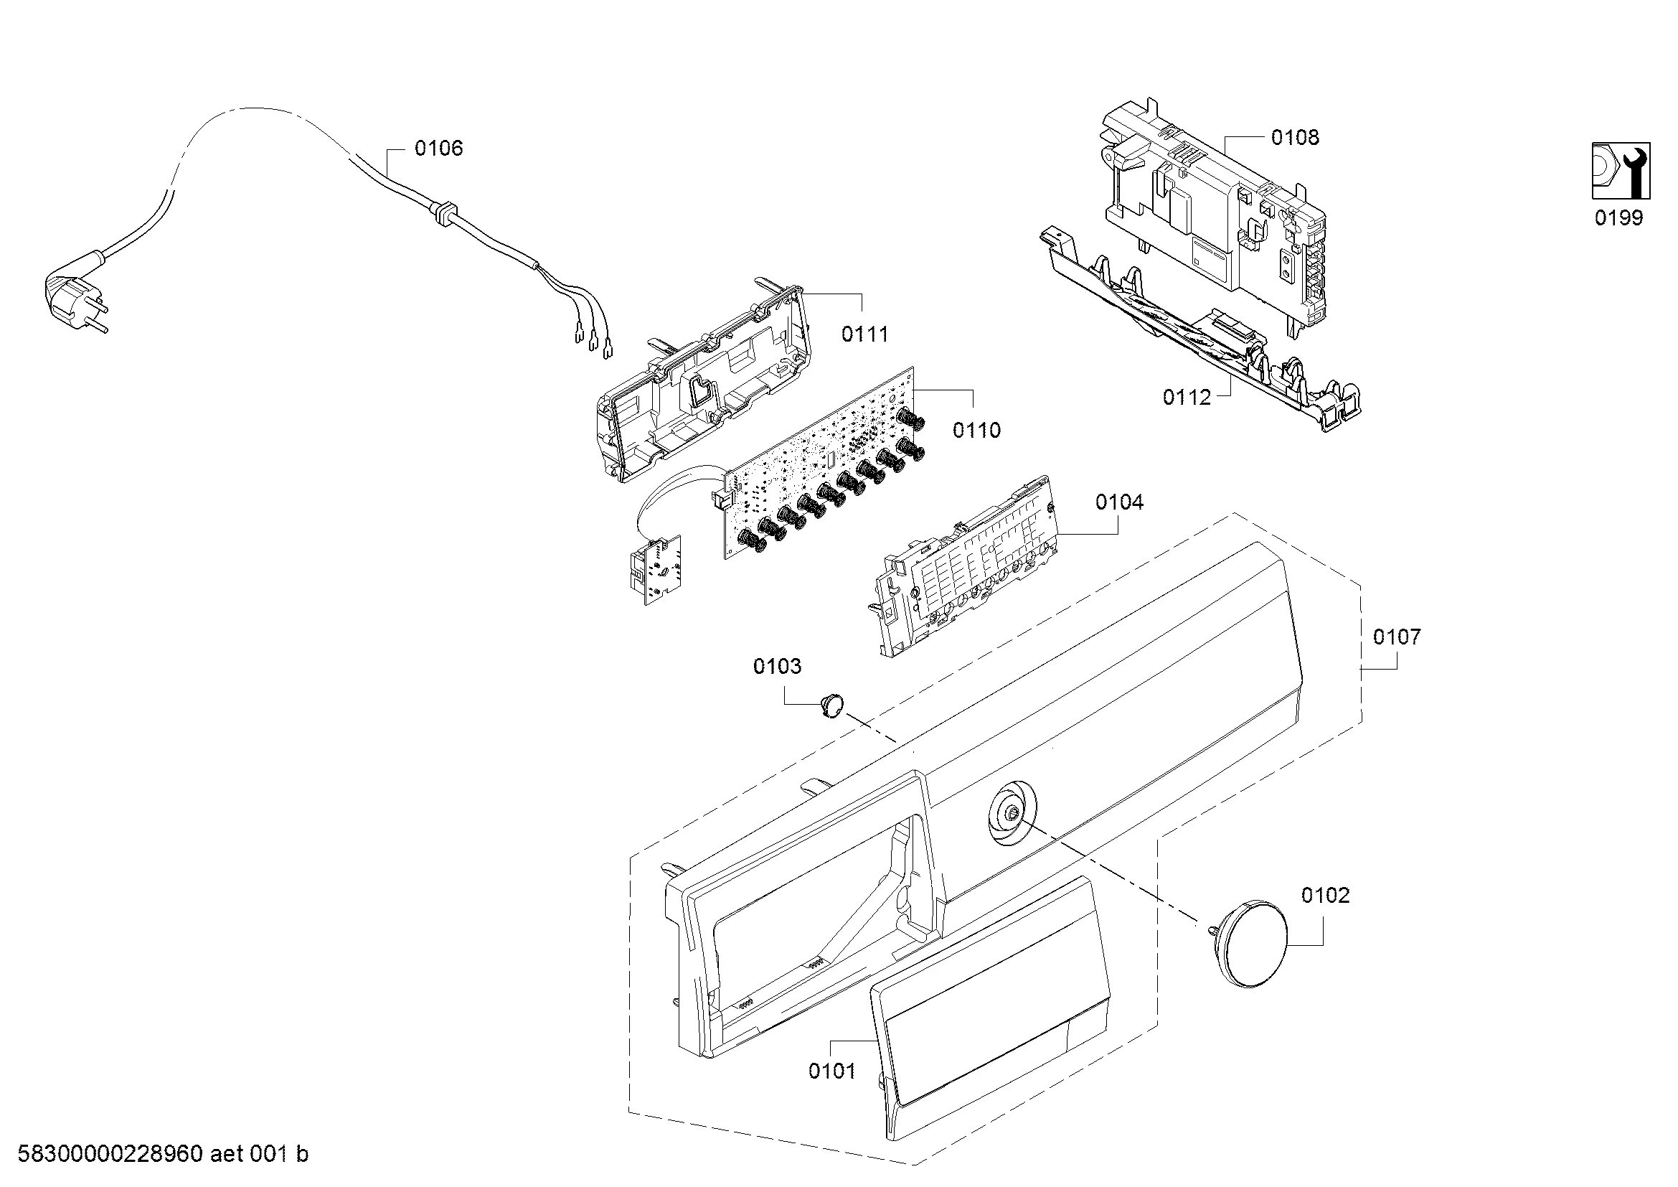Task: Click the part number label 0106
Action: coord(438,149)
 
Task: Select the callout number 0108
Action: coord(1295,137)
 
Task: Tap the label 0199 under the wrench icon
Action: coord(1618,218)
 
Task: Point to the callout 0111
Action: coord(864,334)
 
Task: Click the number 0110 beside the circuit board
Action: coord(976,430)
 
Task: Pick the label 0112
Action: coord(1187,397)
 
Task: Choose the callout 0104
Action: coord(1119,502)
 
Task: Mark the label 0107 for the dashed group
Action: coord(1397,637)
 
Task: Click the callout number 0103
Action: coord(777,666)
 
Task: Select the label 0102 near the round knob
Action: coord(1325,895)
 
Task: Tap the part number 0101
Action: coord(831,1071)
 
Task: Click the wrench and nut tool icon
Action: coord(1621,170)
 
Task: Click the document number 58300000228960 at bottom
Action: coord(110,1153)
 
